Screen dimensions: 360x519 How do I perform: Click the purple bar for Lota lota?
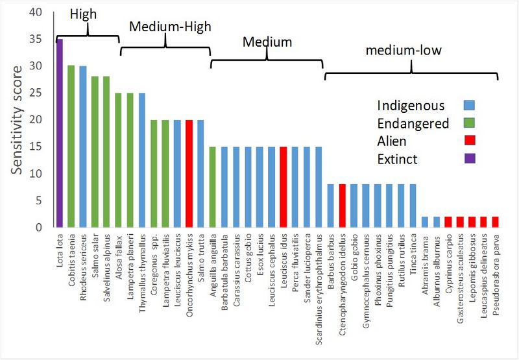coord(60,133)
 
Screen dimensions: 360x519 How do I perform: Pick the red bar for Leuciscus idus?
coord(284,187)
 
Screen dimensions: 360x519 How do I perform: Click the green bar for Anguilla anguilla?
coord(212,187)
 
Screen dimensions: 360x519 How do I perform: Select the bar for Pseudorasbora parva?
coord(496,222)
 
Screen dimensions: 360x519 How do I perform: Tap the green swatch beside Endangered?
coord(470,123)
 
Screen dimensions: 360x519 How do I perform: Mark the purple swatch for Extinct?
coord(470,158)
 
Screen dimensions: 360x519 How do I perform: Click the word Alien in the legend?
coord(394,141)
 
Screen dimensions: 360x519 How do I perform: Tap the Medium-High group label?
coord(171,27)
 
